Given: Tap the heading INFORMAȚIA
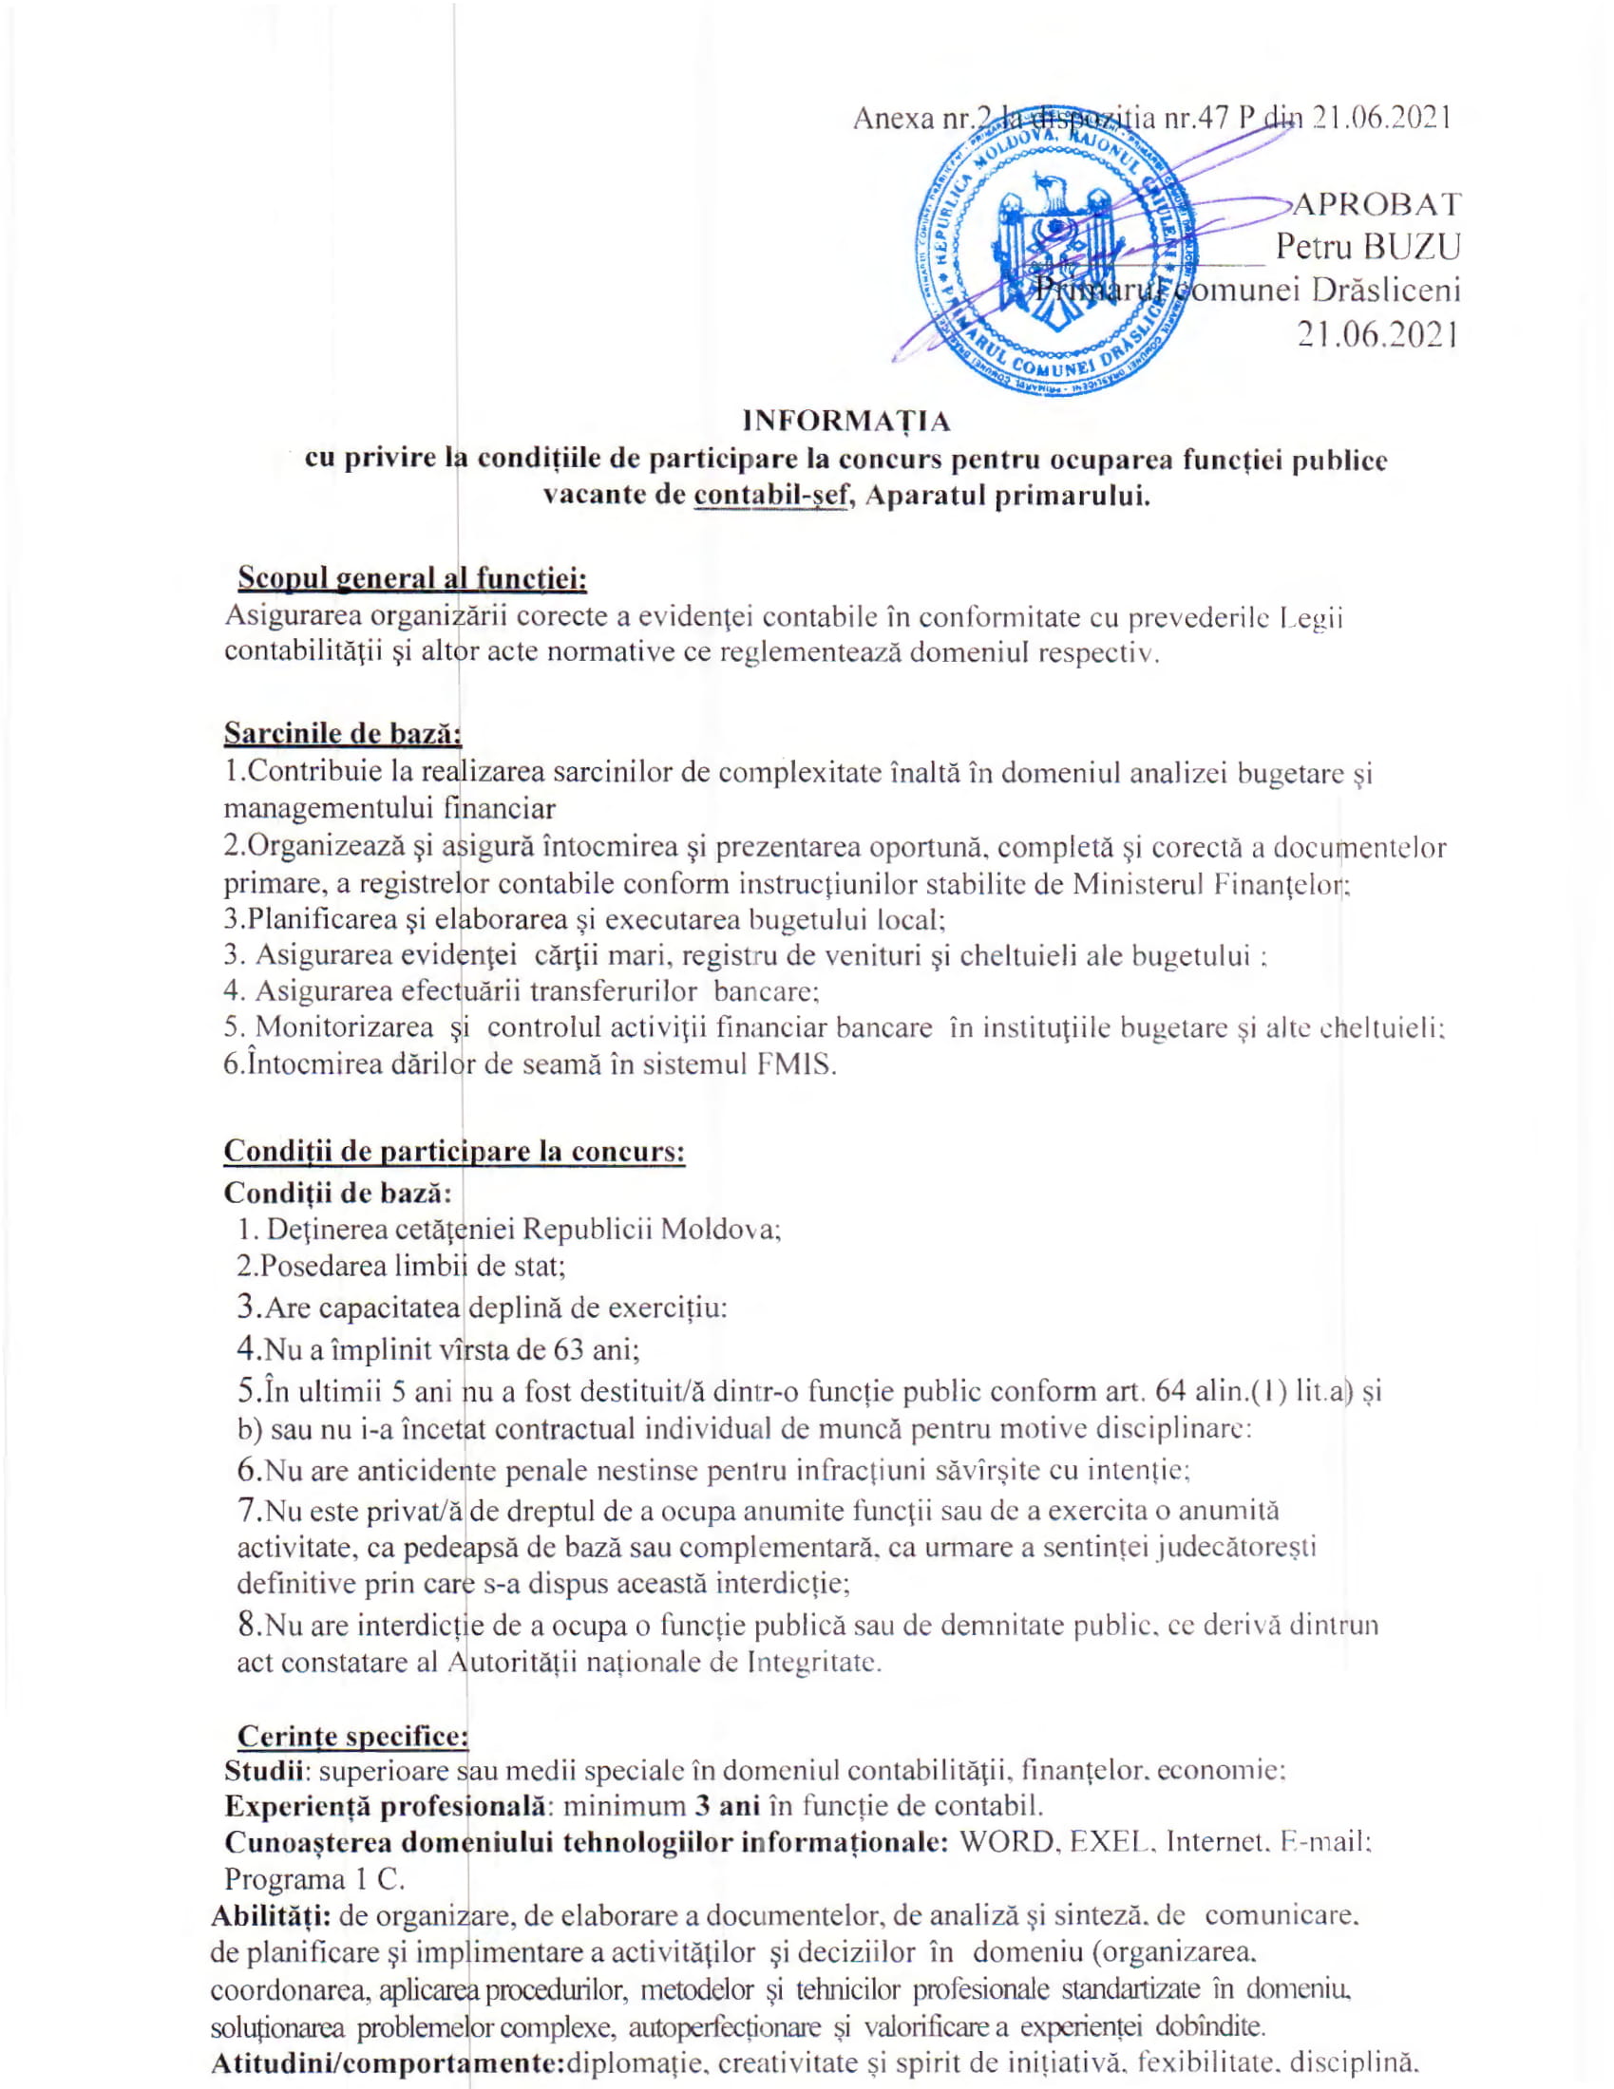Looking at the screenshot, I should (846, 421).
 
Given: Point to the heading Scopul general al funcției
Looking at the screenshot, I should (412, 578).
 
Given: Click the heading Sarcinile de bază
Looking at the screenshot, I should (343, 734).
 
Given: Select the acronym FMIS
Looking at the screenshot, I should (796, 1064).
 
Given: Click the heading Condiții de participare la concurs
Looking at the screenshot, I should (454, 1151).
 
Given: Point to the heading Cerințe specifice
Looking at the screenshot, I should (352, 1736).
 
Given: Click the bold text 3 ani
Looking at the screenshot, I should (727, 1806).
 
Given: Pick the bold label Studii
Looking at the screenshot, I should (264, 1771).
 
